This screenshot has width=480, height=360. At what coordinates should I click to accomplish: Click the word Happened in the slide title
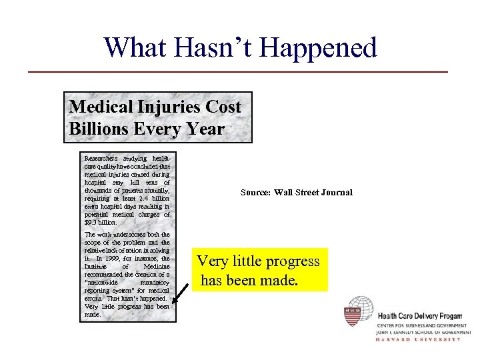[x=318, y=47]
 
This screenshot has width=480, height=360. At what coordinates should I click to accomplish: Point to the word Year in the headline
[x=206, y=128]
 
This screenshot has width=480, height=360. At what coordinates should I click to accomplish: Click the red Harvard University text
[x=419, y=339]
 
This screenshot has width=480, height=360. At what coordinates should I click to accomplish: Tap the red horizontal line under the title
[x=239, y=71]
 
